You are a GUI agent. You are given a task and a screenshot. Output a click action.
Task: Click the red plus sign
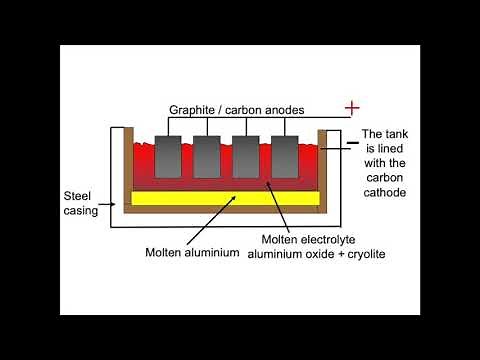click(351, 107)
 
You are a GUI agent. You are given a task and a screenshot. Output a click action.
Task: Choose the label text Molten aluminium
click(191, 251)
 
